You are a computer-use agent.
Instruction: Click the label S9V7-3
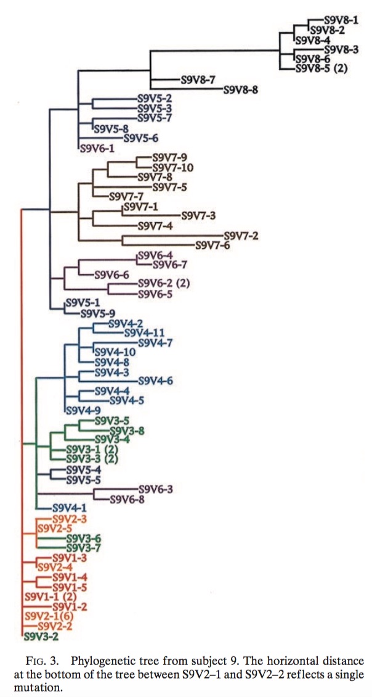tap(198, 215)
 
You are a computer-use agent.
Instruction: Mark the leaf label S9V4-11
tap(144, 333)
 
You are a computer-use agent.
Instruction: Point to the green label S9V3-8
tap(126, 431)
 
